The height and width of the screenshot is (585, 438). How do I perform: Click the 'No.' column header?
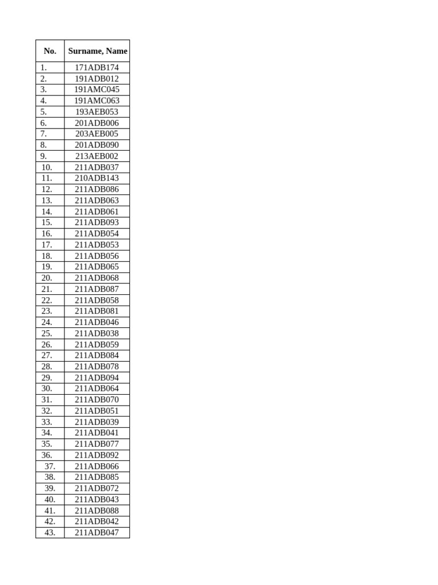(x=50, y=51)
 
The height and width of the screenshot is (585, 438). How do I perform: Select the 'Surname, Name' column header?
(x=98, y=51)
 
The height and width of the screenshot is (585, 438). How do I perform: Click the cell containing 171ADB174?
(x=97, y=67)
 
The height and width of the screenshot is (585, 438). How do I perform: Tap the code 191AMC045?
(x=97, y=90)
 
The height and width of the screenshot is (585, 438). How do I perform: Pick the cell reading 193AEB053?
(x=97, y=112)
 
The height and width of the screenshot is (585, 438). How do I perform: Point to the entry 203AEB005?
(x=97, y=134)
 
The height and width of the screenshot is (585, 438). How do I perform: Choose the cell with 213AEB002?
(x=97, y=156)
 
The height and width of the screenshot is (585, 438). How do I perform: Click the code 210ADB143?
(x=97, y=178)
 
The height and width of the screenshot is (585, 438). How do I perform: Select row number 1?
(x=44, y=67)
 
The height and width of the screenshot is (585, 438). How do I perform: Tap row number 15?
(x=47, y=222)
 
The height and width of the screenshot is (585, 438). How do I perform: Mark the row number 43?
(x=50, y=532)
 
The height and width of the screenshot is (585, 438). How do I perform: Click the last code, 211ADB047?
(x=97, y=532)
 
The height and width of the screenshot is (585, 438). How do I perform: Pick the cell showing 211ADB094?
(x=97, y=378)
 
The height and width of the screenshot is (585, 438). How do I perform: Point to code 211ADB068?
(x=97, y=278)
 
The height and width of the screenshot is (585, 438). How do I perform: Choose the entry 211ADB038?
(x=97, y=333)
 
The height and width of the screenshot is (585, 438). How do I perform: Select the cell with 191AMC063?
(x=97, y=101)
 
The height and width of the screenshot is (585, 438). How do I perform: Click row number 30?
(x=47, y=388)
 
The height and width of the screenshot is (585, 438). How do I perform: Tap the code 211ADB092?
(x=97, y=455)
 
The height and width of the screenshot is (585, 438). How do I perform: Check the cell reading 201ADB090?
(x=97, y=145)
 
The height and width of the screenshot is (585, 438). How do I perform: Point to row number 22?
(x=47, y=300)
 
